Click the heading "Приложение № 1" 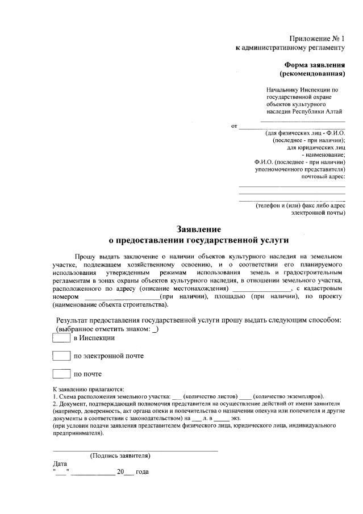coord(316,39)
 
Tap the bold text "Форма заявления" coord(315,65)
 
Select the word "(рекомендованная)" coord(312,74)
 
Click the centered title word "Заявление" coord(198,230)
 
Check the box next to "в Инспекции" coord(61,338)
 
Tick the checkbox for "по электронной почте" coord(61,356)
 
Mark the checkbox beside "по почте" coord(61,374)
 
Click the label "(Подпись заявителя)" coord(120,456)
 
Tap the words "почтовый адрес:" coord(323,177)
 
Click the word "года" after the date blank coord(142,472)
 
